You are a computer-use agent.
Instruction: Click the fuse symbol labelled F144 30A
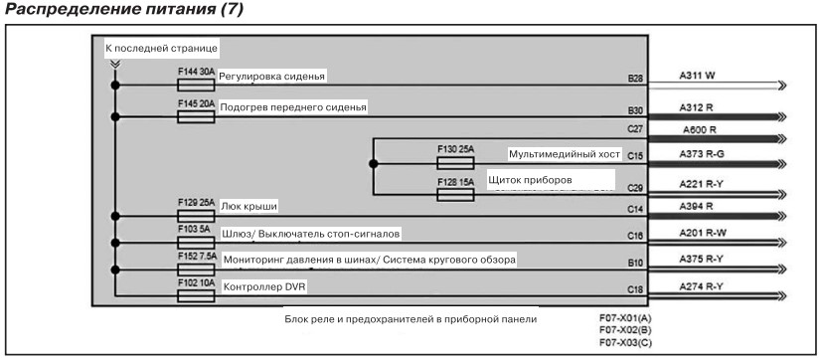(196, 85)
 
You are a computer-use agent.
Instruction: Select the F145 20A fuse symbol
(196, 116)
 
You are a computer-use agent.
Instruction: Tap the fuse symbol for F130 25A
(455, 163)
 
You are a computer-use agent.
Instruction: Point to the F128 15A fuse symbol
(455, 195)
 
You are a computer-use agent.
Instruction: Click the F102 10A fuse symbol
(196, 296)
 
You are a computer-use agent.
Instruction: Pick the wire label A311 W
(697, 76)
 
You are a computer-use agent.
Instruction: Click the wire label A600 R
(700, 129)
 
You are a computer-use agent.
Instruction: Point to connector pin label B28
(635, 79)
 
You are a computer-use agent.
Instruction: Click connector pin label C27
(635, 128)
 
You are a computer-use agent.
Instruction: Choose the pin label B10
(635, 262)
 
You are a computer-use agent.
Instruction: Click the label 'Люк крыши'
(248, 207)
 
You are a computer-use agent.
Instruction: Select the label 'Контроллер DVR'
(264, 287)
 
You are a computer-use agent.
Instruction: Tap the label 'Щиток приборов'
(530, 180)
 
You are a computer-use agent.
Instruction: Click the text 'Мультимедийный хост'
(565, 154)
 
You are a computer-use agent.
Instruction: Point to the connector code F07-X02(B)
(625, 330)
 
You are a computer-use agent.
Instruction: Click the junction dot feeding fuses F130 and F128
(373, 164)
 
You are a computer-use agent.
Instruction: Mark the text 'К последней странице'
(161, 49)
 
